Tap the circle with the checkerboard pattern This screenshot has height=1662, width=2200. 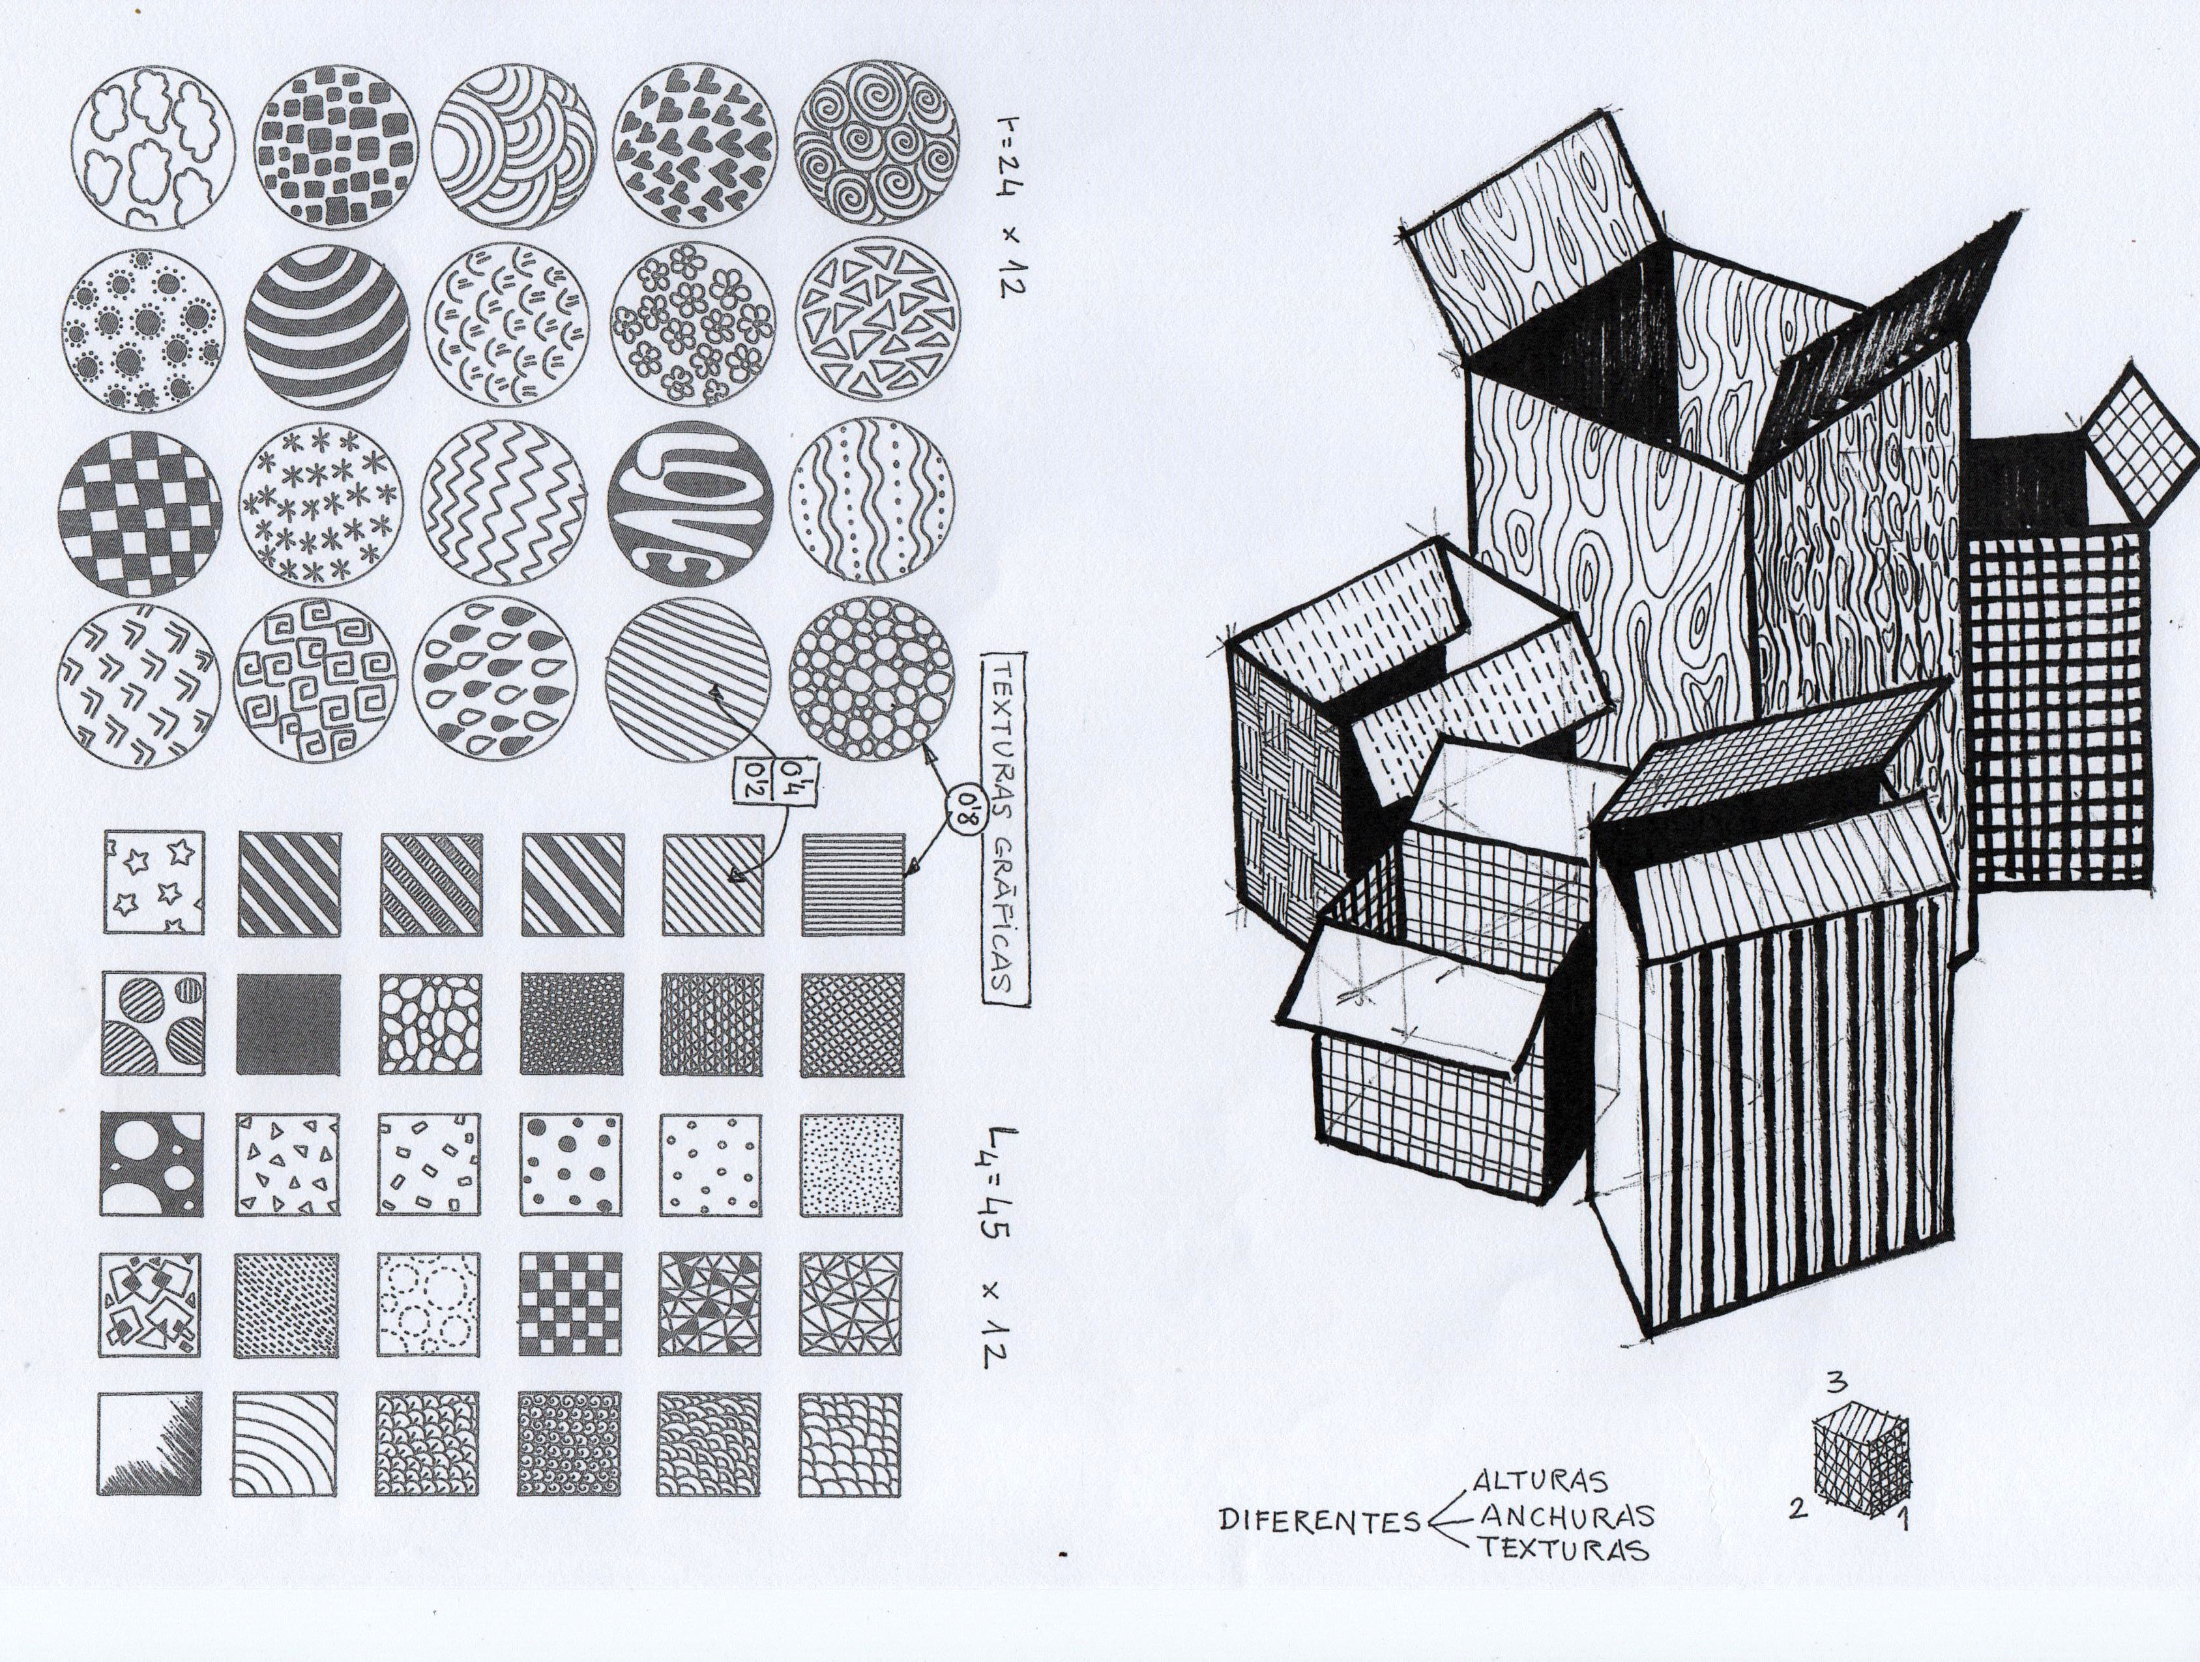[140, 513]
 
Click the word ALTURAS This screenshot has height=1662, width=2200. [1540, 1481]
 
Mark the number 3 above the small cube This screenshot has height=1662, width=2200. [1836, 1382]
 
